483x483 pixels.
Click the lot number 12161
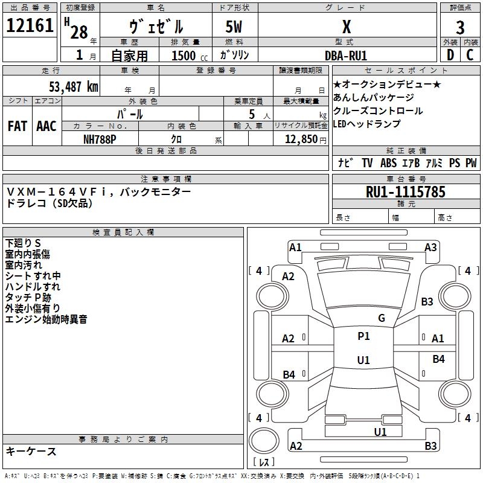pyautogui.click(x=30, y=25)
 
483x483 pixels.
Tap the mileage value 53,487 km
pyautogui.click(x=74, y=87)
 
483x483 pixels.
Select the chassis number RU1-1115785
pyautogui.click(x=405, y=192)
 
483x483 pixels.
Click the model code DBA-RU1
pyautogui.click(x=346, y=56)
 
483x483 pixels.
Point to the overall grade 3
pyautogui.click(x=460, y=27)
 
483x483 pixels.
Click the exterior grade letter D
pyautogui.click(x=450, y=55)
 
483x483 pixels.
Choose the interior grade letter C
pyautogui.click(x=470, y=55)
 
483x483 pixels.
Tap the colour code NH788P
pyautogui.click(x=100, y=139)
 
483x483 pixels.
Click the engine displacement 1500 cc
pyautogui.click(x=190, y=56)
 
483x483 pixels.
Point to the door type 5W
pyautogui.click(x=234, y=27)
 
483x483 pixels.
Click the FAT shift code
pyautogui.click(x=18, y=126)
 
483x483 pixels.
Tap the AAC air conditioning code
pyautogui.click(x=46, y=126)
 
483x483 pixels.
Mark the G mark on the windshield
pyautogui.click(x=382, y=318)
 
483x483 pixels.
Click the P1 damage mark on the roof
pyautogui.click(x=363, y=336)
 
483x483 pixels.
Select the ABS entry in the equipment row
pyautogui.click(x=388, y=162)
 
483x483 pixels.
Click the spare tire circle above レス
pyautogui.click(x=264, y=440)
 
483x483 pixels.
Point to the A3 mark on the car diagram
pyautogui.click(x=430, y=248)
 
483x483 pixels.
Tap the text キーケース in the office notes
pyautogui.click(x=31, y=451)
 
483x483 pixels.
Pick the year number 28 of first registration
pyautogui.click(x=79, y=32)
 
